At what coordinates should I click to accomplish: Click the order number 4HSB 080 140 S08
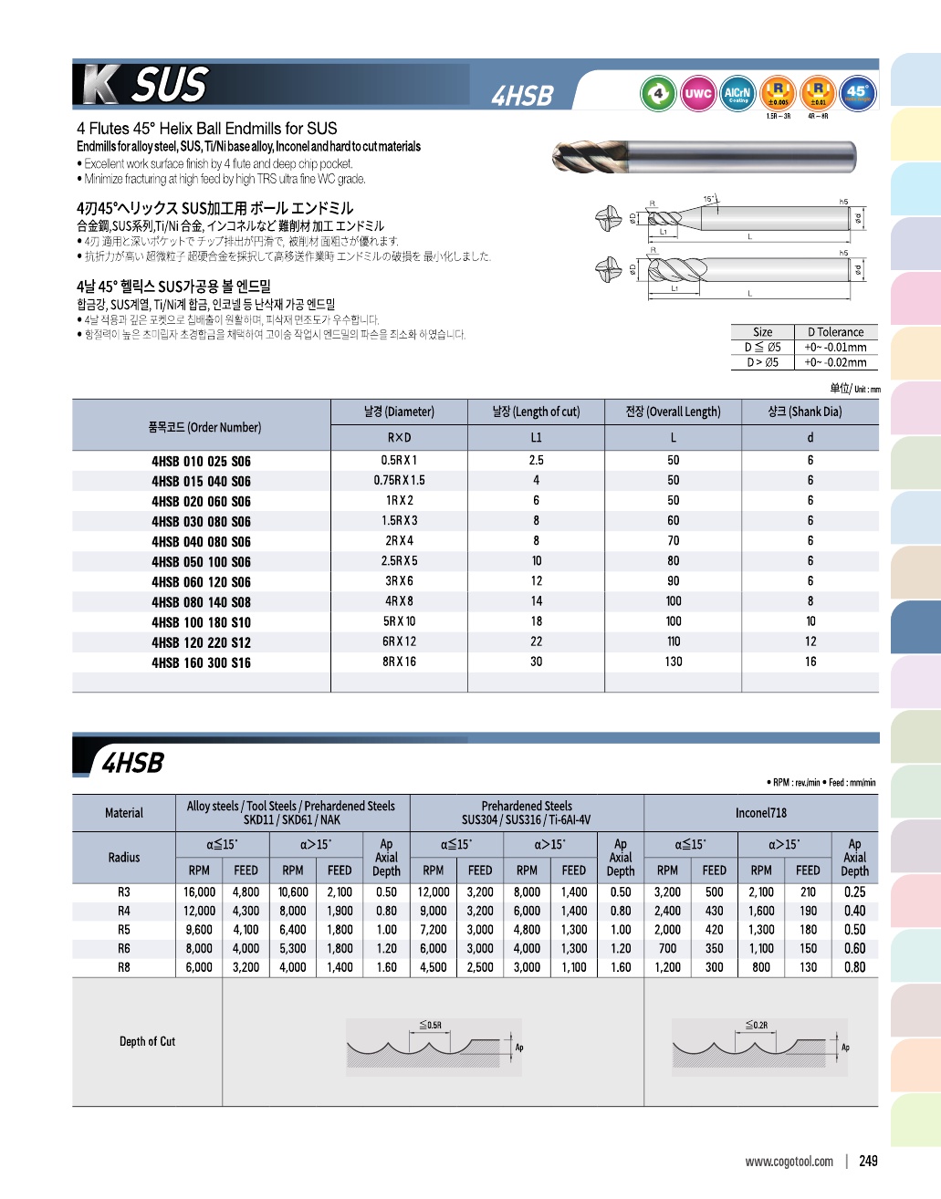point(201,602)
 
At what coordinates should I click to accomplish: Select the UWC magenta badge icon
point(698,93)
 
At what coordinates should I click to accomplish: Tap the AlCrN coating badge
point(737,93)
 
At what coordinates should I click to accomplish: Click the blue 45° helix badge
point(857,93)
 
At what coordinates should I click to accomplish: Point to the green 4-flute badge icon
point(658,93)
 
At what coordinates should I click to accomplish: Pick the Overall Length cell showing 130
point(674,662)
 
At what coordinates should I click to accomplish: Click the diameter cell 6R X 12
point(399,641)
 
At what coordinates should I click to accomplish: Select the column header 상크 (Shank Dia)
point(810,412)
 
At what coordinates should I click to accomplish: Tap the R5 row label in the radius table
point(124,930)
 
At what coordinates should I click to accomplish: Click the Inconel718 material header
point(761,813)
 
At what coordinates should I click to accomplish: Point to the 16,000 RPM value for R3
point(199,892)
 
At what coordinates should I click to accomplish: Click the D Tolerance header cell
point(835,332)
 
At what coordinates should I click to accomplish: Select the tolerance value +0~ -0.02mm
point(835,362)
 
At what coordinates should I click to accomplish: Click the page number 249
point(868,1161)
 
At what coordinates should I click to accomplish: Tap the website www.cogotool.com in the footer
point(789,1162)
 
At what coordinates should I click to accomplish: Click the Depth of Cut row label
point(147,1041)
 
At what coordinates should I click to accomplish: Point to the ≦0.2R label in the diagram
point(757,1025)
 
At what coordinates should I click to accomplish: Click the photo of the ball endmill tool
point(703,157)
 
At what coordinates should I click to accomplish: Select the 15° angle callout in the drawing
point(709,198)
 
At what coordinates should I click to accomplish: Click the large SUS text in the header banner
point(170,85)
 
